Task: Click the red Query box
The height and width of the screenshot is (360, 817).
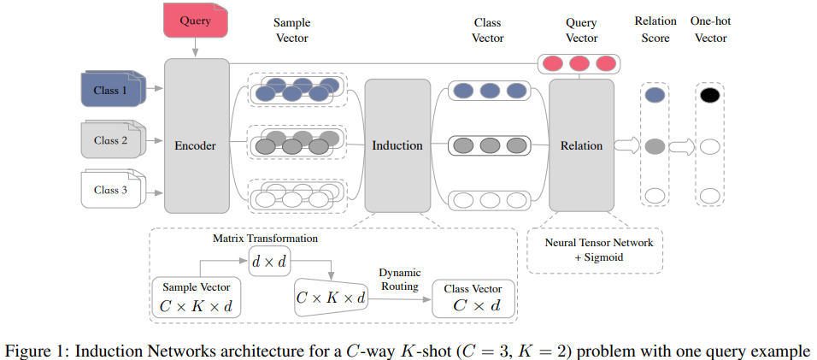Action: pyautogui.click(x=196, y=21)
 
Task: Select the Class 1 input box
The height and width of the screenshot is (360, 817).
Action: pyautogui.click(x=110, y=91)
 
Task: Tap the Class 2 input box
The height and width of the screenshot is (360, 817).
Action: pyautogui.click(x=110, y=140)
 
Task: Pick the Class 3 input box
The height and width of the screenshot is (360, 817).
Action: pyautogui.click(x=110, y=190)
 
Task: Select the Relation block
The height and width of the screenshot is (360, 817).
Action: pyautogui.click(x=581, y=145)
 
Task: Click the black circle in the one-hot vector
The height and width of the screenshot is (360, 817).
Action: pyautogui.click(x=708, y=96)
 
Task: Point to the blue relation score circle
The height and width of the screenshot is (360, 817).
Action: pyautogui.click(x=655, y=96)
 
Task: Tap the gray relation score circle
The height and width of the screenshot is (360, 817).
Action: pyautogui.click(x=655, y=146)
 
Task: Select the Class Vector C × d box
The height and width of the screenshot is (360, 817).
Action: pyautogui.click(x=472, y=298)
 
